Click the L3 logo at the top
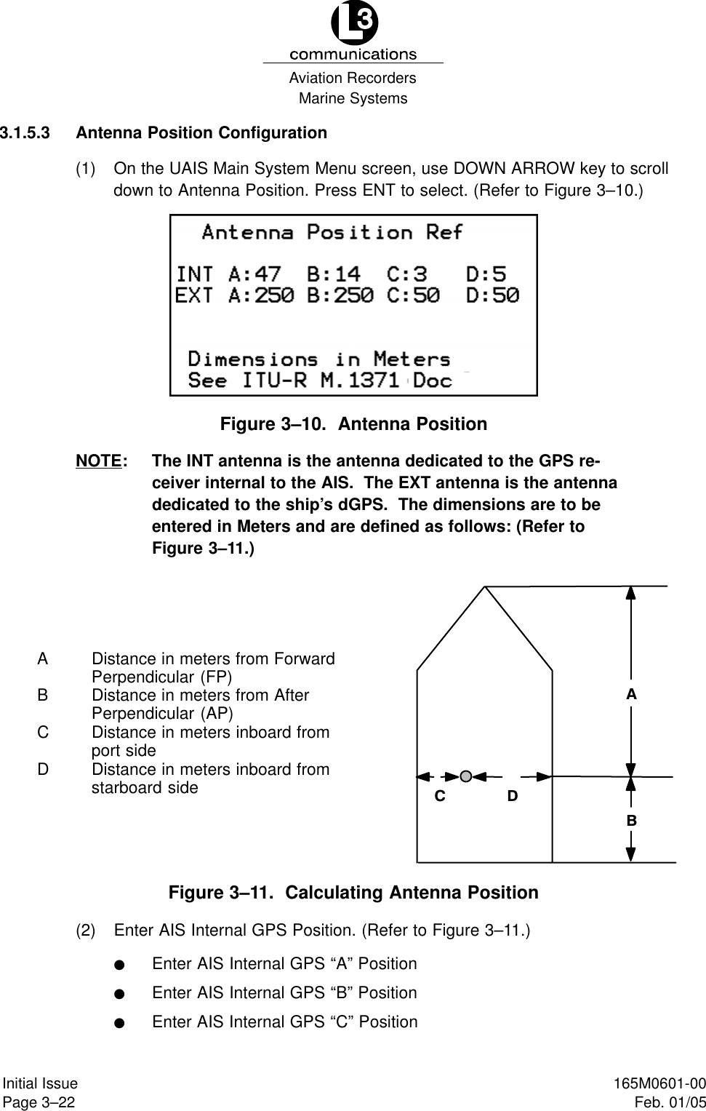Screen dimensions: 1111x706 tap(354, 24)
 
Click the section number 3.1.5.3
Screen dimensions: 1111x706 tap(25, 133)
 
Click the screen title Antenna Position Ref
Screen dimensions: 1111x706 tap(332, 233)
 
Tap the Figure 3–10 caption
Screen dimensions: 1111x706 tap(353, 424)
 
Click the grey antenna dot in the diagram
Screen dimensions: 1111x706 tap(467, 776)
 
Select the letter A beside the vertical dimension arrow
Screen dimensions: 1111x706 tap(631, 695)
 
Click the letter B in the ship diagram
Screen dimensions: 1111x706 tap(632, 820)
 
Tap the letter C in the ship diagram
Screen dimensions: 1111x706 tap(439, 797)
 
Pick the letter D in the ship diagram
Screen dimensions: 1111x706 tap(513, 797)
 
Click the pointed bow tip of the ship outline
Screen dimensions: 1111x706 tap(485, 587)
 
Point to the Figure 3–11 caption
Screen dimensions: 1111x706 tap(353, 893)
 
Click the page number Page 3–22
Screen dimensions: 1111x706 tap(39, 1102)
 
